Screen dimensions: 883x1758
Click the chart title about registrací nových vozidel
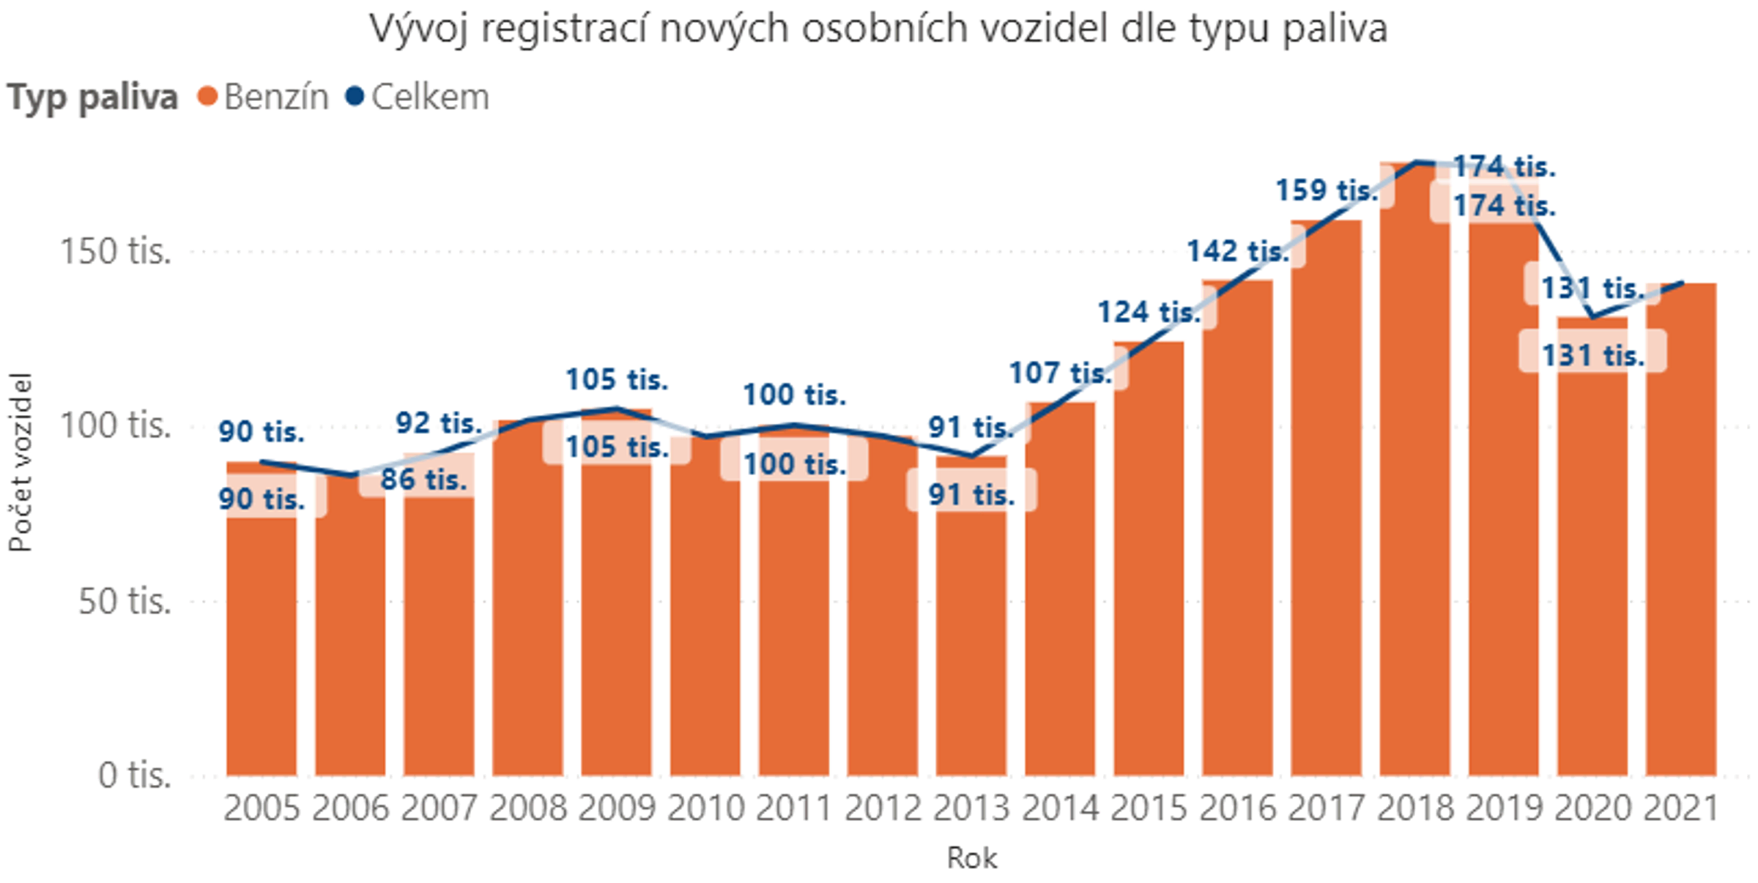(878, 29)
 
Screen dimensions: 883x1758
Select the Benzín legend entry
(275, 97)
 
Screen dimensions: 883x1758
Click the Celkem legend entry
(429, 97)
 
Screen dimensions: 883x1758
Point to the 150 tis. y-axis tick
(115, 251)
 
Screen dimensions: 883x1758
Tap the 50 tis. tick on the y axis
(125, 601)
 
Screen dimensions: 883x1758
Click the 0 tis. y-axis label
(134, 775)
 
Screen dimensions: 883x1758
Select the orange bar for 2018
(1414, 476)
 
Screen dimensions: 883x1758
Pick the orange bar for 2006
(350, 630)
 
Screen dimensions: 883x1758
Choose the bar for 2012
(882, 608)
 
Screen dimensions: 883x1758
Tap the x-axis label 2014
(1060, 809)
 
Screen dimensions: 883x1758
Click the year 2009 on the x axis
(616, 809)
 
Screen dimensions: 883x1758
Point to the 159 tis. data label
(1327, 190)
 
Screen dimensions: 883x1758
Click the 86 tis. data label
(423, 480)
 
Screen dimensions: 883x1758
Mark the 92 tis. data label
(439, 423)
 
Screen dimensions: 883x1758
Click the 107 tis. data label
(1060, 373)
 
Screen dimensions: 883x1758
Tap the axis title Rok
(971, 858)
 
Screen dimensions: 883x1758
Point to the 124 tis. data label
(1149, 313)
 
